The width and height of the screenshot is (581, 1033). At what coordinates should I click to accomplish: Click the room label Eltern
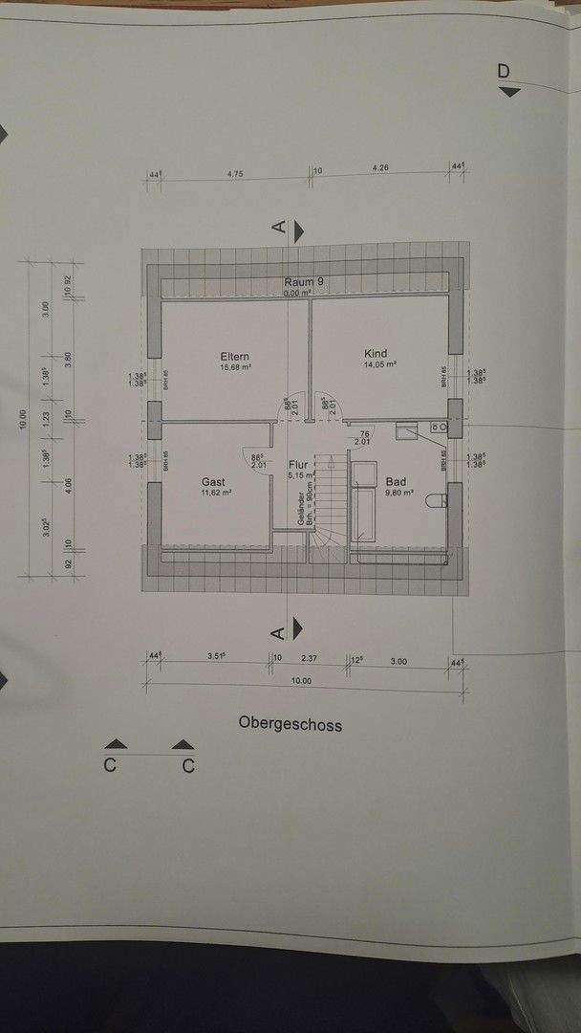[235, 357]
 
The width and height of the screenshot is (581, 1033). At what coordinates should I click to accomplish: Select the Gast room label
[212, 482]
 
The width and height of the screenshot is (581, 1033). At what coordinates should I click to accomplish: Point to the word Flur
[299, 465]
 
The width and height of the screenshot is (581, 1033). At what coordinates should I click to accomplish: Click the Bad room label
[396, 482]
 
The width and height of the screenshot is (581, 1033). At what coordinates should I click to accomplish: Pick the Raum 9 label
[304, 282]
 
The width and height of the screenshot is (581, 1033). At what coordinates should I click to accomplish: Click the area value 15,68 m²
[235, 367]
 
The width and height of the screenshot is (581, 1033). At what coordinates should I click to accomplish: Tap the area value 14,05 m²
[378, 364]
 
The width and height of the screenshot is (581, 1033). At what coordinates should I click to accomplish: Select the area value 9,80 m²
[398, 494]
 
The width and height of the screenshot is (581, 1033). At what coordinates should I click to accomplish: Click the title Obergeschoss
[290, 724]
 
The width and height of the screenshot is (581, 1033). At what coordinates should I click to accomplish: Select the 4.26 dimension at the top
[381, 168]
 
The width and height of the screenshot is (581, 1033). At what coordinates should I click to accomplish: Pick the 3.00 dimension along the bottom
[398, 661]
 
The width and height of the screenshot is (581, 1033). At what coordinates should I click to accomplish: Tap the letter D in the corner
[504, 71]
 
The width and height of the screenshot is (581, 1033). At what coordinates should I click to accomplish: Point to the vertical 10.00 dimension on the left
[24, 421]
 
